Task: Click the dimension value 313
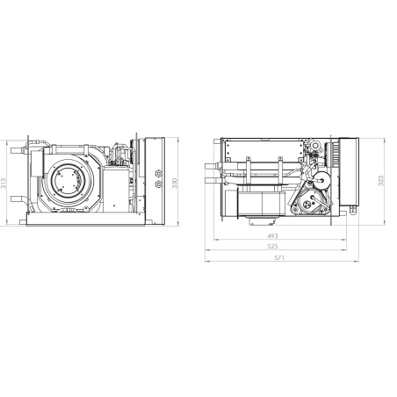(4, 183)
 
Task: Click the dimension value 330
(175, 184)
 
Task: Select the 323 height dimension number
(380, 181)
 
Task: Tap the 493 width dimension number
(272, 235)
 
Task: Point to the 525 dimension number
(272, 246)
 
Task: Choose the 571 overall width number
(279, 257)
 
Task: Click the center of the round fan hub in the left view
(69, 181)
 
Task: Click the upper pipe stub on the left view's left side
(18, 151)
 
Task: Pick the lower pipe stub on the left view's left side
(18, 199)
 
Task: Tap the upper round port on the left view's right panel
(159, 173)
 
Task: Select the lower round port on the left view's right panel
(159, 184)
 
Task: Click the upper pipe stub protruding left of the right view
(213, 167)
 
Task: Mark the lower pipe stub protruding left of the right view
(213, 180)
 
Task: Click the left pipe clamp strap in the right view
(249, 172)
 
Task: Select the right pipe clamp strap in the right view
(280, 172)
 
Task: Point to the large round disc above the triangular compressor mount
(321, 179)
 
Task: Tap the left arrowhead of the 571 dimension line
(207, 261)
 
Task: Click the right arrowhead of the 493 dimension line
(344, 240)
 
